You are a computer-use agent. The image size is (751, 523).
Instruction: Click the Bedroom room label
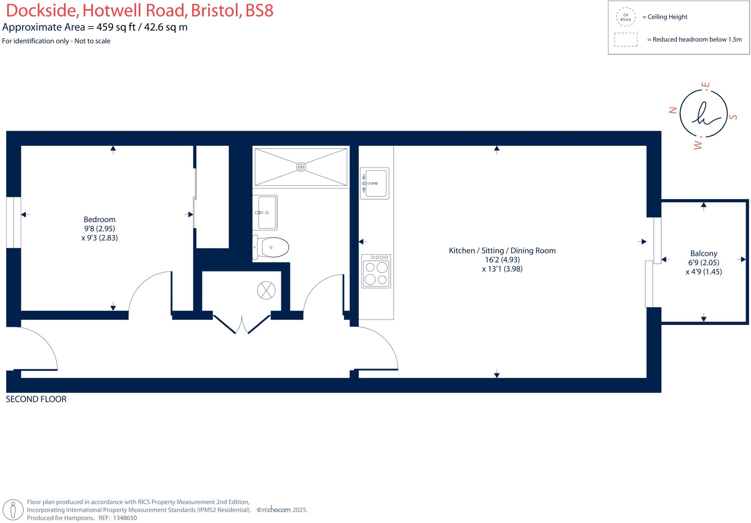click(99, 220)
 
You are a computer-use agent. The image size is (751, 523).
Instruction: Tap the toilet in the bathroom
click(272, 247)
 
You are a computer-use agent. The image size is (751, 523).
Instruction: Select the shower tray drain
click(301, 167)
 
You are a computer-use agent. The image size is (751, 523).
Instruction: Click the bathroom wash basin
click(265, 213)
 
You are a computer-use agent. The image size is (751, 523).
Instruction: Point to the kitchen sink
click(375, 183)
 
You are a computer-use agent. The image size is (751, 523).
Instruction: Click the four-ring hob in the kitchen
click(376, 271)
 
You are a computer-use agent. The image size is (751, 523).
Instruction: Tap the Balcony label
click(703, 254)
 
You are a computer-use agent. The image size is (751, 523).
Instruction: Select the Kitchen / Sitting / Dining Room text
click(502, 251)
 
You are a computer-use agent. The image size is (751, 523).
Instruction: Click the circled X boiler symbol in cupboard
click(266, 290)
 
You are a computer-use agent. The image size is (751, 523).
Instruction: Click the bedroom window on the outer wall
click(14, 222)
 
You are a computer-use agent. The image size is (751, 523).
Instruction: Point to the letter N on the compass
click(673, 110)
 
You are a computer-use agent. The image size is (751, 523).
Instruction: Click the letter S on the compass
click(733, 117)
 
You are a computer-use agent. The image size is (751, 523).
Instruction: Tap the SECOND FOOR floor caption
click(36, 399)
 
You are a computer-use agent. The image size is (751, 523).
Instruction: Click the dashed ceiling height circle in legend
click(626, 17)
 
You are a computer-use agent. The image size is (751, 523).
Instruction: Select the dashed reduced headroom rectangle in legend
click(626, 40)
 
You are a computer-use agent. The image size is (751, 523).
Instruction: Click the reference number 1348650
click(125, 518)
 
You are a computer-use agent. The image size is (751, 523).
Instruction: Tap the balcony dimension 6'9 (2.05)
click(703, 263)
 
